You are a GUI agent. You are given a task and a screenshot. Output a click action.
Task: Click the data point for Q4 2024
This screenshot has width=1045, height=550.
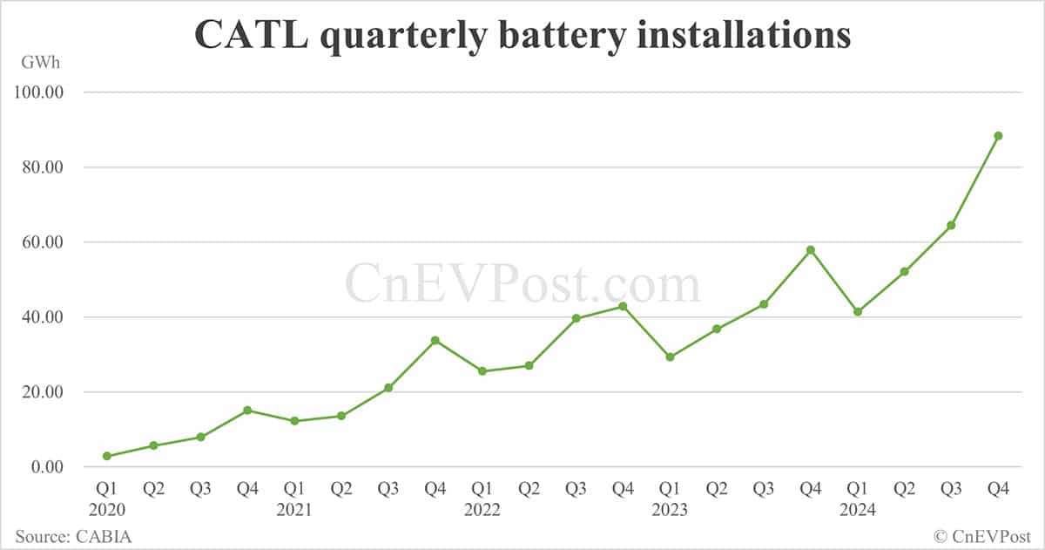pos(998,136)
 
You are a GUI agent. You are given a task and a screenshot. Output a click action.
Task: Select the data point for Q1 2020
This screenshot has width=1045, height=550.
pos(107,456)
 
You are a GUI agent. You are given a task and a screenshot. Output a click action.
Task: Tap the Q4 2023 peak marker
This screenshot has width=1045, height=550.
pos(811,250)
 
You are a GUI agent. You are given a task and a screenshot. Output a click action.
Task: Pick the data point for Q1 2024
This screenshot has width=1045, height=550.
pos(858,311)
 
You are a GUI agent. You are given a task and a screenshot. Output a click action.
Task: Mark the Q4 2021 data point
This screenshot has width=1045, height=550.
pos(435,340)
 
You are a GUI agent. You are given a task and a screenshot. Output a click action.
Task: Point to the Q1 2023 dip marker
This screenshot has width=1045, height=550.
pos(670,357)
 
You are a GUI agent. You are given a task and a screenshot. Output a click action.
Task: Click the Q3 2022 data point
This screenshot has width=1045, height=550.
pos(576,318)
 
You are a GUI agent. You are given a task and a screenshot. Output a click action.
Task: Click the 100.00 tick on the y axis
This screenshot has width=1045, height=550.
pos(41,92)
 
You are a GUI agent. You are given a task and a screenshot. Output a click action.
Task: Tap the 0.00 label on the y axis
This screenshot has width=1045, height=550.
pos(48,467)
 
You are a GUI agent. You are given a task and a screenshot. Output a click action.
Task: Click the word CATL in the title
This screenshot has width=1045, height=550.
pos(239,34)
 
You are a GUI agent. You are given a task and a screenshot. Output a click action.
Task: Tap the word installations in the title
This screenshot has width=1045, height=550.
pos(728,34)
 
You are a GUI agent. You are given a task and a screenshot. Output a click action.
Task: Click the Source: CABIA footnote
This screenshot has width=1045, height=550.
pos(73,536)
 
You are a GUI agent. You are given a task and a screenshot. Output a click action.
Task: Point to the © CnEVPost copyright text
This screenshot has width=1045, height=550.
pos(982,536)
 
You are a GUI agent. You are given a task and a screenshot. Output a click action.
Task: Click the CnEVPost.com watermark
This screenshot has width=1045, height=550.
pos(522,284)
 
